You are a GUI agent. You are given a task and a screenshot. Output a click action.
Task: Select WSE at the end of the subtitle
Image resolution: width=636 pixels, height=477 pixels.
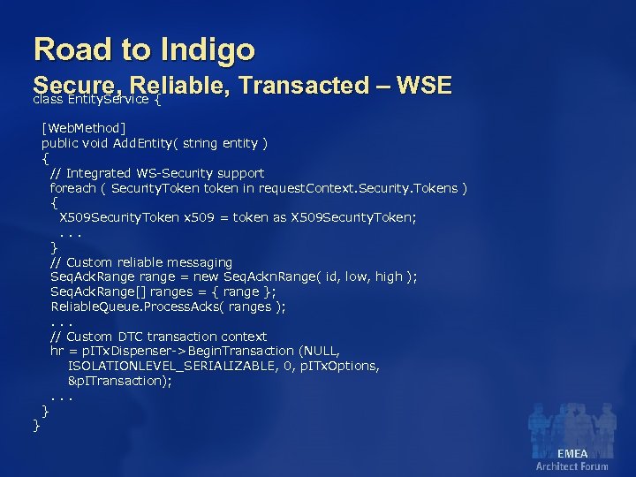[x=425, y=85]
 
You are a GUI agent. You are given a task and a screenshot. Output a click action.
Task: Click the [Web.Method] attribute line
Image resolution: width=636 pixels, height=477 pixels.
[x=84, y=128]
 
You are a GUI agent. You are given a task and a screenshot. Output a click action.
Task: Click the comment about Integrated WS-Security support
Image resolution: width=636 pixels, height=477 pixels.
[x=157, y=173]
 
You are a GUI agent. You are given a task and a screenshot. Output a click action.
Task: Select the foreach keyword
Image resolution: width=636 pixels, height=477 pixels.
[x=73, y=188]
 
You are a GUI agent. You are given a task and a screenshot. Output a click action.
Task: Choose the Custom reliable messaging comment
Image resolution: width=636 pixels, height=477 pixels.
[x=141, y=262]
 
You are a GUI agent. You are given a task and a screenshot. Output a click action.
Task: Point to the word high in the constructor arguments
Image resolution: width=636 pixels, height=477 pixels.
[x=388, y=276]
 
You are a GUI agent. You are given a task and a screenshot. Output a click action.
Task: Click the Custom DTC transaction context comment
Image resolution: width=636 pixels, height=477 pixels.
[x=158, y=337]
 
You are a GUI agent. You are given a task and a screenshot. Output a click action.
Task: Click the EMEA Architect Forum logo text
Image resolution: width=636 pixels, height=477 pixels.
[x=572, y=459]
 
